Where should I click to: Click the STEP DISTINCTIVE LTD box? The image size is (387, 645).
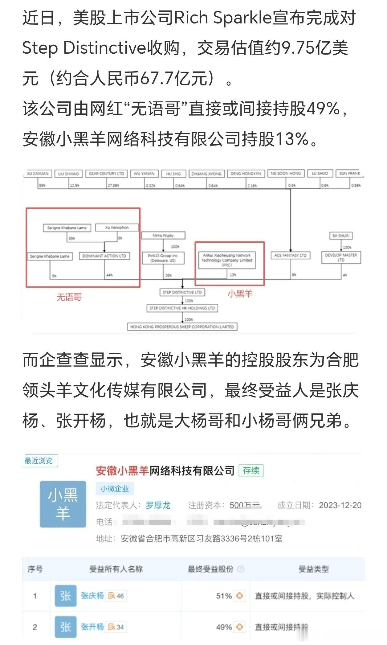pyautogui.click(x=182, y=292)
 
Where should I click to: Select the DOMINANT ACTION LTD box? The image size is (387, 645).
pyautogui.click(x=104, y=256)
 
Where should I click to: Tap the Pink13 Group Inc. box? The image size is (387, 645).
pyautogui.click(x=163, y=258)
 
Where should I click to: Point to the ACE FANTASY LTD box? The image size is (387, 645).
pyautogui.click(x=290, y=255)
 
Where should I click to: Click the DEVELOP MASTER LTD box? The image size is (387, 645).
pyautogui.click(x=341, y=257)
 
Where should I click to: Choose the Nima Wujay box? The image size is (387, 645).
pyautogui.click(x=163, y=236)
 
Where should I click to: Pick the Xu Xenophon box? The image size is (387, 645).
pyautogui.click(x=117, y=228)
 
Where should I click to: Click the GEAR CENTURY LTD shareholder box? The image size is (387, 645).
pyautogui.click(x=106, y=174)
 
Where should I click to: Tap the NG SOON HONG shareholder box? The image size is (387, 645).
pyautogui.click(x=286, y=173)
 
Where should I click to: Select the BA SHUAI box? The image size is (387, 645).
pyautogui.click(x=341, y=236)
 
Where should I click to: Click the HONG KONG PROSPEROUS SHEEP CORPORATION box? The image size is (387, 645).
pyautogui.click(x=182, y=327)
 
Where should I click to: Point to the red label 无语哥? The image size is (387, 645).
pyautogui.click(x=69, y=297)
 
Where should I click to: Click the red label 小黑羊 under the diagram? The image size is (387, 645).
pyautogui.click(x=240, y=294)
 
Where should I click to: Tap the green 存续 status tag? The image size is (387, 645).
pyautogui.click(x=251, y=470)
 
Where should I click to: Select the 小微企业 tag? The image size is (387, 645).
pyautogui.click(x=114, y=489)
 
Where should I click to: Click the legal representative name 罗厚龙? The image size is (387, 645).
pyautogui.click(x=158, y=505)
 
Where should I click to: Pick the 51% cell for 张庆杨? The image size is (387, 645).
pyautogui.click(x=224, y=596)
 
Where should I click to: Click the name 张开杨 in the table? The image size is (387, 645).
pyautogui.click(x=92, y=627)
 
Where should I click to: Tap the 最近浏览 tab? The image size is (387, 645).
pyautogui.click(x=39, y=461)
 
